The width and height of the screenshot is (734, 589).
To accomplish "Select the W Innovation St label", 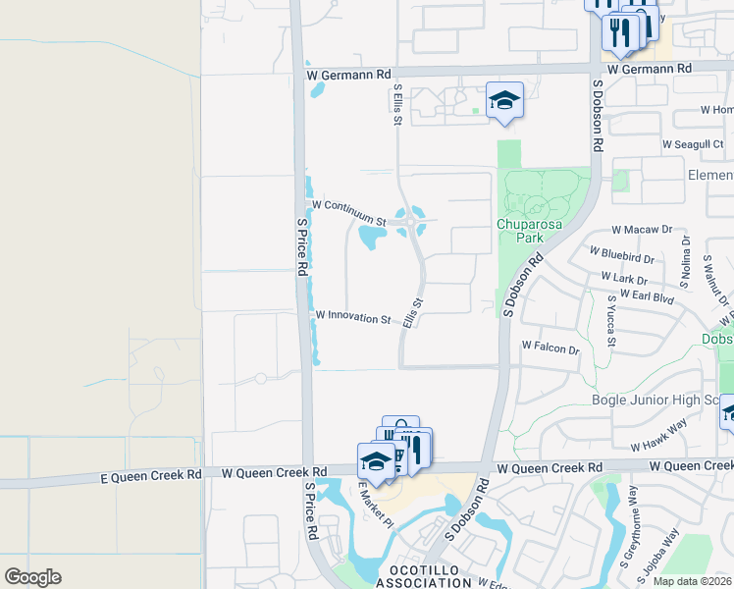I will click(x=353, y=318).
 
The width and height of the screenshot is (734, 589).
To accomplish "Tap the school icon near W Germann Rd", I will click(x=504, y=101).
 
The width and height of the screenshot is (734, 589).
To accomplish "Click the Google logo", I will click(x=32, y=577).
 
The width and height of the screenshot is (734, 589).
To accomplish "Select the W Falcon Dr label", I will click(x=551, y=348).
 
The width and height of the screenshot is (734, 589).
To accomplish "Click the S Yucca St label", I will click(x=611, y=320).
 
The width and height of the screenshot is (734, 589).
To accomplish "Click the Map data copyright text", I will click(x=693, y=581).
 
